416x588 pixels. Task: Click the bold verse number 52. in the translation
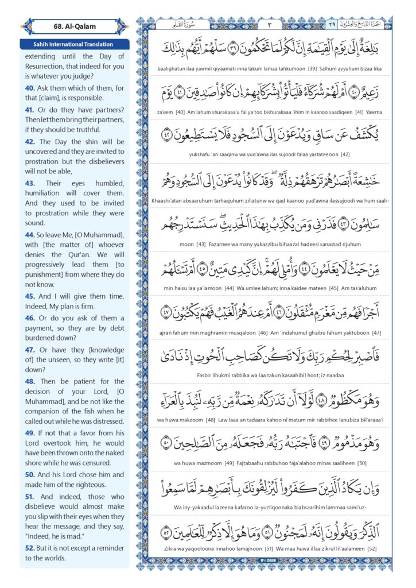tap(30, 548)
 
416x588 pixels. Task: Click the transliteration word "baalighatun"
tap(173, 68)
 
